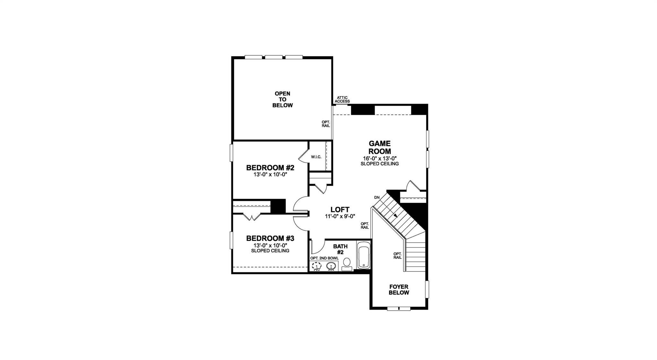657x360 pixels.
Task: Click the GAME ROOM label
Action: tap(380, 147)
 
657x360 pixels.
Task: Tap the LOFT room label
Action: tap(340, 210)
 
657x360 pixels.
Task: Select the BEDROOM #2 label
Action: tap(270, 168)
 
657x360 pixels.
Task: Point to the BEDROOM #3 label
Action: tap(270, 239)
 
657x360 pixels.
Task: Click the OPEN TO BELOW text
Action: tap(283, 99)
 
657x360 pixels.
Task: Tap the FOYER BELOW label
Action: tap(399, 290)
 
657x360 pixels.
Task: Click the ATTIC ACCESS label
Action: tap(342, 100)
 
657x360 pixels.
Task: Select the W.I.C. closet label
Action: tap(316, 157)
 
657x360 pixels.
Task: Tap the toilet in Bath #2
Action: tap(346, 264)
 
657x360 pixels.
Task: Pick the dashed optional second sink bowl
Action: tap(317, 266)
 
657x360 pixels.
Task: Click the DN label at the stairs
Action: tap(377, 197)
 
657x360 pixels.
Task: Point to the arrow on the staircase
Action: tap(395, 215)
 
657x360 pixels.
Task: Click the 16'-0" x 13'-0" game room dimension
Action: tap(380, 158)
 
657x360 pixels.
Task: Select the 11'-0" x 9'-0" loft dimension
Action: tap(340, 216)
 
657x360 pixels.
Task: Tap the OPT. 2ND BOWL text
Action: tap(324, 258)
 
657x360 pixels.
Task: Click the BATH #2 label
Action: tap(340, 249)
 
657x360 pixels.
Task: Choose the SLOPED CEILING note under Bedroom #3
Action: tap(270, 251)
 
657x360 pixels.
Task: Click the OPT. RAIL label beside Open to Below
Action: tap(326, 124)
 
